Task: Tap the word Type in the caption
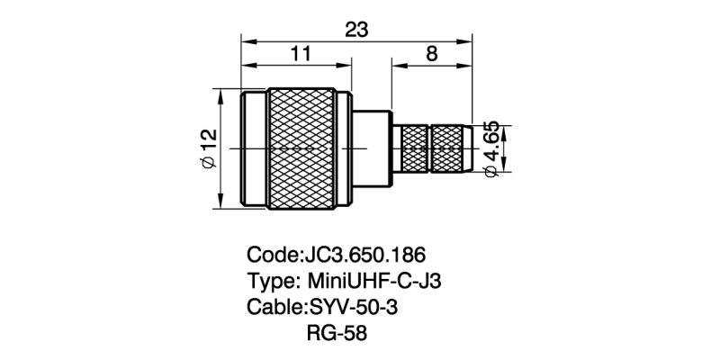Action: coord(271,281)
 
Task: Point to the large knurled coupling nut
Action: coord(311,148)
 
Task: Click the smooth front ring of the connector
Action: coord(256,148)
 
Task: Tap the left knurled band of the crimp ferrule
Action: coord(414,148)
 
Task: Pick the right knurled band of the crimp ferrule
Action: coord(451,148)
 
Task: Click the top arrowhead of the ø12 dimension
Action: coord(222,93)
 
